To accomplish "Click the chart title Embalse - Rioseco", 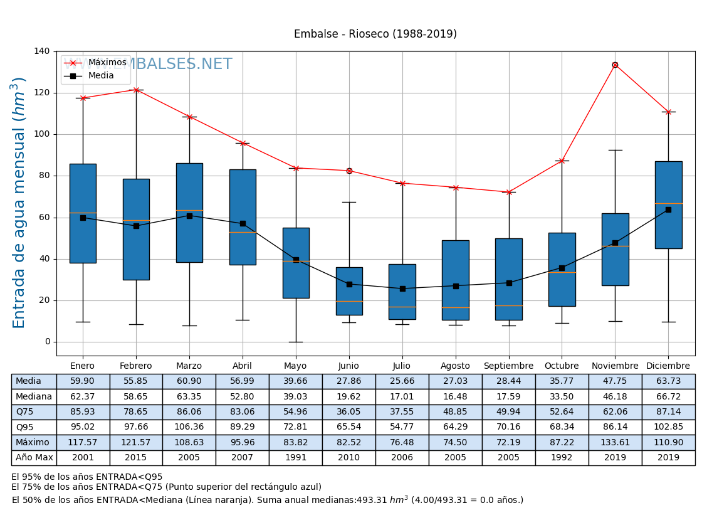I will coord(375,34).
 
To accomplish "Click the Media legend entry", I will coord(101,76).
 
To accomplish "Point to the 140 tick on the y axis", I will coord(43,51).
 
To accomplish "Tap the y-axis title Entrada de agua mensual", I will coord(20,203).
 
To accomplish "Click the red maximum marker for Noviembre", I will coord(615,65).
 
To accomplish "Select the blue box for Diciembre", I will coord(668,205).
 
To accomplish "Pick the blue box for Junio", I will coord(349,291).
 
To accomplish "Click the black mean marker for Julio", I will coord(402,288).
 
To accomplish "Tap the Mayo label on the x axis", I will coord(295,366).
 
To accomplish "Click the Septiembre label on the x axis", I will coord(508,366).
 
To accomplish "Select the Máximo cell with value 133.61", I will coord(615,443).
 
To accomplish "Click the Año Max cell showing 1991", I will coord(295,458).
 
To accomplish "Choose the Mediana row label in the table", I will coord(34,397).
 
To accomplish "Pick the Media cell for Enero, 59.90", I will coord(83,381).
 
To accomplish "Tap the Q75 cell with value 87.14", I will coord(668,412).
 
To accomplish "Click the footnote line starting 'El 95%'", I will coord(86,477).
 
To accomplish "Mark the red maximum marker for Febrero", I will coord(136,90).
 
